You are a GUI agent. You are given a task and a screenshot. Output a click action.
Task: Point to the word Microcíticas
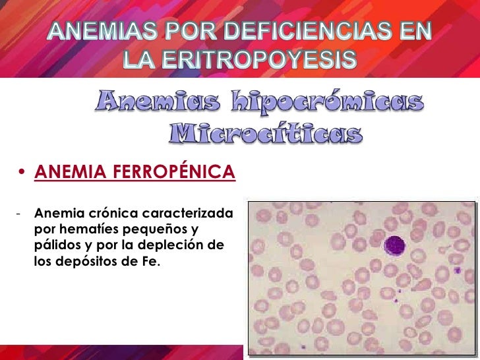coord(266,134)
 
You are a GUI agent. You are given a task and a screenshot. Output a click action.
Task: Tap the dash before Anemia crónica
coord(21,214)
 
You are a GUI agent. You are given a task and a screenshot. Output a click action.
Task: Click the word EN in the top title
coord(414,31)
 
